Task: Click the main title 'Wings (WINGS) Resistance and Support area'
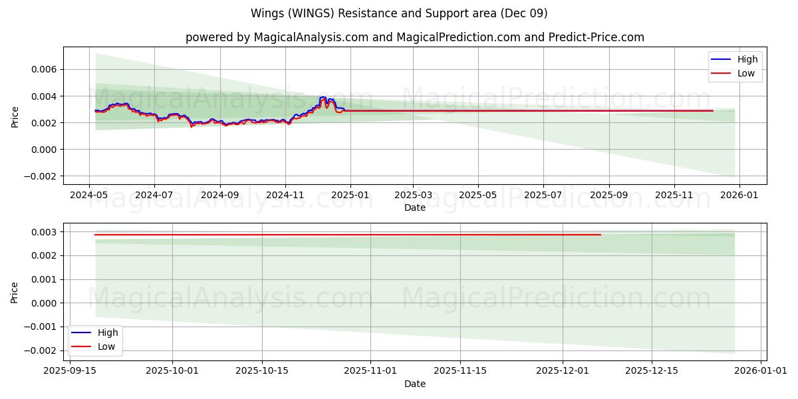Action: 399,13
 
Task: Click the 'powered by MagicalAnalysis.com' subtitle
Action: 415,37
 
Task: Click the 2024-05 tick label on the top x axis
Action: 90,196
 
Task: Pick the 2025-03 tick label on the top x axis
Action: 413,196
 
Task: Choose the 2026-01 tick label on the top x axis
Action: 739,196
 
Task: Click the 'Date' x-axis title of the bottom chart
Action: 415,384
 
